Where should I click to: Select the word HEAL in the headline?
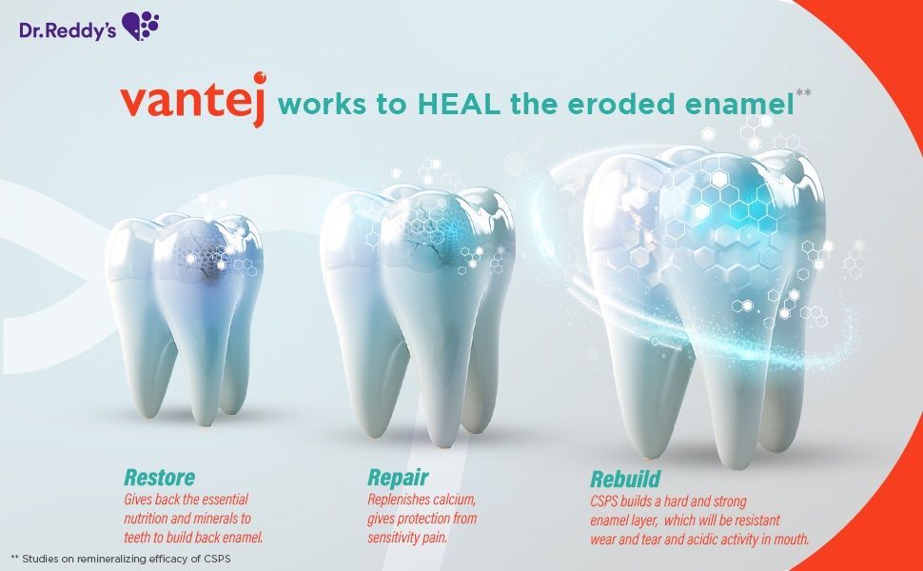click(x=459, y=104)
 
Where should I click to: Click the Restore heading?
click(x=159, y=477)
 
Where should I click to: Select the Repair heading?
click(x=398, y=477)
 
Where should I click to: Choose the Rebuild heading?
click(x=625, y=479)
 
